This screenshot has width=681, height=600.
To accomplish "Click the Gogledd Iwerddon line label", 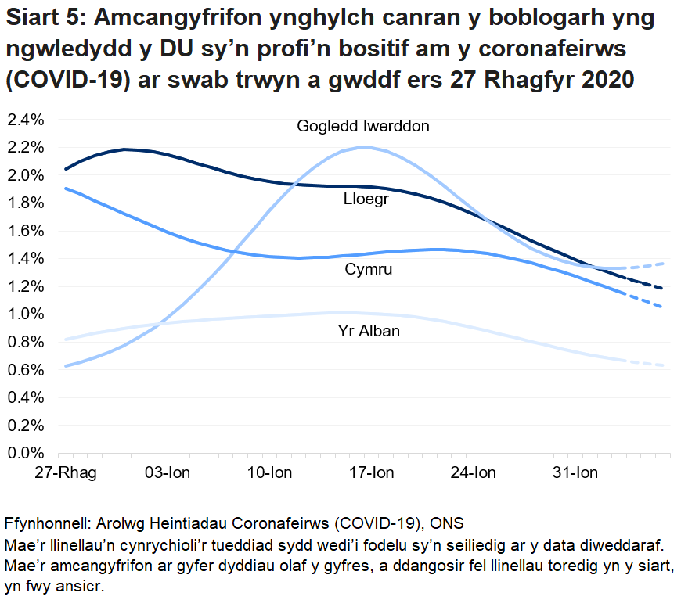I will [362, 126].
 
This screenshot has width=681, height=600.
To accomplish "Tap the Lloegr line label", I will [366, 199].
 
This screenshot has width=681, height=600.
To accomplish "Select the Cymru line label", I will [368, 270].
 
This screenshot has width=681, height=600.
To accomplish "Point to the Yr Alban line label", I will [368, 331].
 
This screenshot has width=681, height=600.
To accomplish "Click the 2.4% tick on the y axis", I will [27, 120].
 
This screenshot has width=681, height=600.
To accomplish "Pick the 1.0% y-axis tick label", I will [27, 314].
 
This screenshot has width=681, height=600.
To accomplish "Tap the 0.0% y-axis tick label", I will [27, 452].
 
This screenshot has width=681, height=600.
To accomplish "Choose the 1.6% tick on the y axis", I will [27, 231].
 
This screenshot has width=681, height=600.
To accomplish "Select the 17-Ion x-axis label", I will [372, 473].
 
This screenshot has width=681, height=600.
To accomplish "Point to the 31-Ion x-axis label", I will [576, 473].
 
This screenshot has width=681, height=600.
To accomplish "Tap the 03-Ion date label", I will [168, 473].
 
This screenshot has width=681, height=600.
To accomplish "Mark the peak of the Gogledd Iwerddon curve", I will [364, 148].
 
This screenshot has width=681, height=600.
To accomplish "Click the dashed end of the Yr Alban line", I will [650, 364].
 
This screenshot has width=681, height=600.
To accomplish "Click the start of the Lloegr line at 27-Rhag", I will [66, 168].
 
